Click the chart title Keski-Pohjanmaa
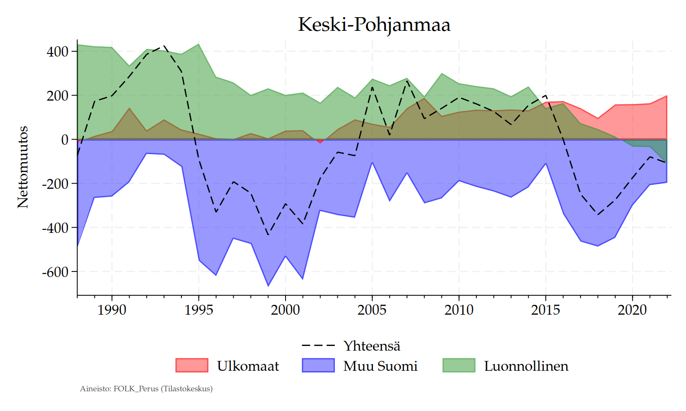(374, 24)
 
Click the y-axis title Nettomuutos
(23, 167)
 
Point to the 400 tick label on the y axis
(57, 52)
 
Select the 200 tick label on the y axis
(57, 96)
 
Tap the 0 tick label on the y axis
(65, 140)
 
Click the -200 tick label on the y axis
(55, 184)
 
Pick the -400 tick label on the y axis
(55, 228)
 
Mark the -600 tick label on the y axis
(55, 272)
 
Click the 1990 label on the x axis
(112, 310)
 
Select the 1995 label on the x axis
(199, 310)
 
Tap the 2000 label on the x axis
(286, 310)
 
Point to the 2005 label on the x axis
(372, 310)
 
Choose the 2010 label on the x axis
(459, 310)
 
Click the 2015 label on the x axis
(545, 310)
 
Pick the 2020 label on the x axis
(632, 310)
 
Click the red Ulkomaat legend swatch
(192, 365)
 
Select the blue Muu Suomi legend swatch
(318, 365)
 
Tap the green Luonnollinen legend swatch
(459, 365)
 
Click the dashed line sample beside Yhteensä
(318, 345)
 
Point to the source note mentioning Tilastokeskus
(146, 389)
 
